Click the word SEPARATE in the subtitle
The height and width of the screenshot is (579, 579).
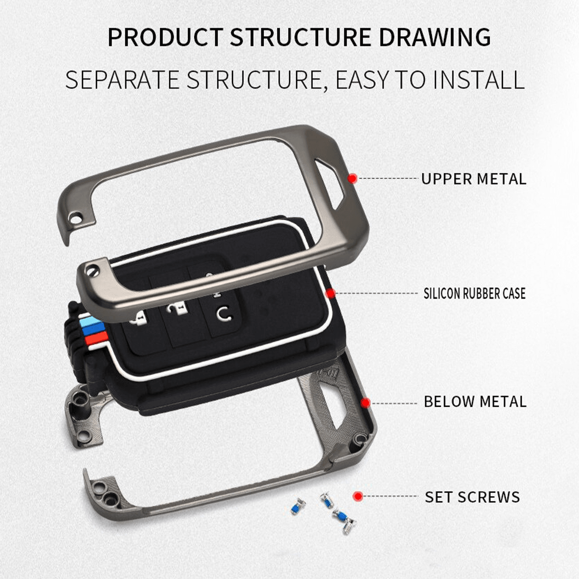123,80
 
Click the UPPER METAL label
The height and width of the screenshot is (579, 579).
473,179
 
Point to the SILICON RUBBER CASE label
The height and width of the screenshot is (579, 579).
474,293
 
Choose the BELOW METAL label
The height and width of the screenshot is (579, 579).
475,401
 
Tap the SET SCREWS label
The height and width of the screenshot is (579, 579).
472,496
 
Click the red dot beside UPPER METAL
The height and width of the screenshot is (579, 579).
353,179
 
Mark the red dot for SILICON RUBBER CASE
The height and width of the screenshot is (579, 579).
331,293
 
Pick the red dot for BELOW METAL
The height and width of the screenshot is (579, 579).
365,402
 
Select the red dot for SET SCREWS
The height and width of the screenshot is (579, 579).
358,496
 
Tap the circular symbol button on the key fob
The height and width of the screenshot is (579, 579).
223,313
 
